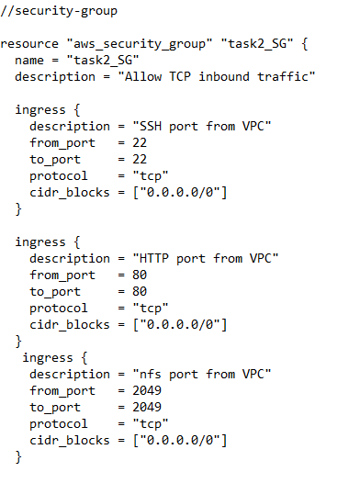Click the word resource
pyautogui.click(x=29, y=44)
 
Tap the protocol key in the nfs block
pyautogui.click(x=59, y=423)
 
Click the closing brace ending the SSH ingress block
pyautogui.click(x=18, y=208)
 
